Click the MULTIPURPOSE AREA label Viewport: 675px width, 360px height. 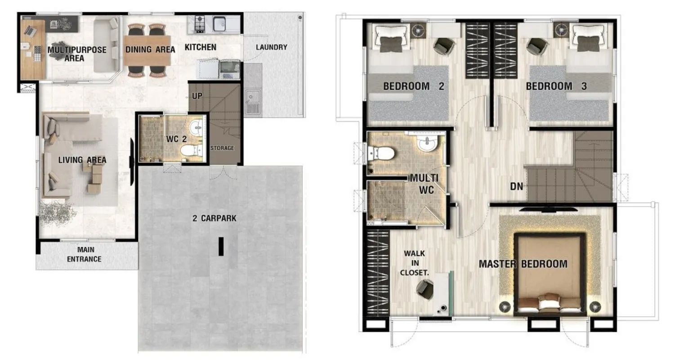click(x=77, y=54)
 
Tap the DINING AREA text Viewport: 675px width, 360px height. click(x=150, y=49)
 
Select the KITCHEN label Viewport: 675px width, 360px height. click(x=201, y=47)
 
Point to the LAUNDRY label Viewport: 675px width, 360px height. click(x=272, y=47)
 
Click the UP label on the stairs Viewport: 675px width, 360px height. click(x=197, y=96)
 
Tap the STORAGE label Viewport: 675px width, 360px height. click(x=222, y=148)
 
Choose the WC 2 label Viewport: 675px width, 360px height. click(x=176, y=139)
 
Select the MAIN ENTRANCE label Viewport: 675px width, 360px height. click(x=84, y=254)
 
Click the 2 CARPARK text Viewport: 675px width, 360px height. click(x=214, y=218)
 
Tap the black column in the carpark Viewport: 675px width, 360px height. click(x=221, y=246)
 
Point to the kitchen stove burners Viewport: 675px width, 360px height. click(x=200, y=24)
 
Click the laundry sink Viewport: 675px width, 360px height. click(x=253, y=101)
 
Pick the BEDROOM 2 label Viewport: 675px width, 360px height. click(x=413, y=86)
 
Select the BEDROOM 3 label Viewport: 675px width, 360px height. click(x=556, y=86)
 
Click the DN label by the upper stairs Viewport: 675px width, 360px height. click(x=517, y=187)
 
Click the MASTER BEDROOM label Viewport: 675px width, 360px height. click(x=523, y=264)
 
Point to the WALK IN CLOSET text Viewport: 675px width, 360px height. click(x=414, y=263)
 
